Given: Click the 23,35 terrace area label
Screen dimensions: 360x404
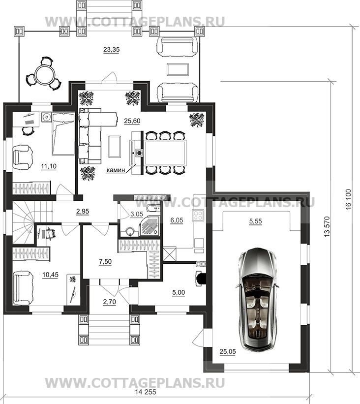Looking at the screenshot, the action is (x=111, y=49).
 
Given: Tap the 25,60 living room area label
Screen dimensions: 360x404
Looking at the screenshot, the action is (x=132, y=121).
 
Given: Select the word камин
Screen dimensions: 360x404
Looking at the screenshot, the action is (x=116, y=170).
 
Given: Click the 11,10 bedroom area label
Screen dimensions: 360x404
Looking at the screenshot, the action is (x=49, y=166).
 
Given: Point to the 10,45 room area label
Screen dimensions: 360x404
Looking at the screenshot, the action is (x=50, y=275).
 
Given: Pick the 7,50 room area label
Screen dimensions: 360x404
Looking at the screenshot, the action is (x=105, y=262).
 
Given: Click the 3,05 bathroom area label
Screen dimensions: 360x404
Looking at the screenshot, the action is (x=137, y=214).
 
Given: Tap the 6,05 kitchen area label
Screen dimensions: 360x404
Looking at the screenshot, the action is (x=177, y=220).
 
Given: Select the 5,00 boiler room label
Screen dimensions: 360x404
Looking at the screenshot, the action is (x=179, y=292).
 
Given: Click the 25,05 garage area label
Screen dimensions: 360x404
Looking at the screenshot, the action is (x=228, y=351).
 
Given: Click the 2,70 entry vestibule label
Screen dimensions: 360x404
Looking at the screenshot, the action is (x=110, y=301).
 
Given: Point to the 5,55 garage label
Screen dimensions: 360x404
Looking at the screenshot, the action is (x=256, y=221).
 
